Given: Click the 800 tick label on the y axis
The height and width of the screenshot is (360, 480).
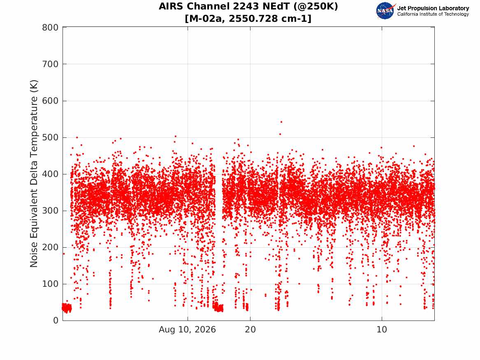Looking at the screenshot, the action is (x=50, y=28).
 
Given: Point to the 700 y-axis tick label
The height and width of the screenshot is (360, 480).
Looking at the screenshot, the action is (x=50, y=64).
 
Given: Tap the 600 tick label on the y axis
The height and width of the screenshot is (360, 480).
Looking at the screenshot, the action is (x=50, y=101).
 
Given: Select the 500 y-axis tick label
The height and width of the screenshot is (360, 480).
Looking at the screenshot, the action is (x=50, y=137).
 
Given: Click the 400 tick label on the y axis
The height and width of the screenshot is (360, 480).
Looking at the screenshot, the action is (x=50, y=174).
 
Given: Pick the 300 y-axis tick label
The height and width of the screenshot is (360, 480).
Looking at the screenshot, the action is (x=50, y=211).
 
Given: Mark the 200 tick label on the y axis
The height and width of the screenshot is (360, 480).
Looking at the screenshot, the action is (x=50, y=247).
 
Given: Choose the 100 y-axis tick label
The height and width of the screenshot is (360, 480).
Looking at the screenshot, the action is (x=50, y=284).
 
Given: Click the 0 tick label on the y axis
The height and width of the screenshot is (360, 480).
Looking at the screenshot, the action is (x=56, y=321).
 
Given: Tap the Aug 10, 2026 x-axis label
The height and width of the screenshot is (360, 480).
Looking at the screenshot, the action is (x=187, y=330).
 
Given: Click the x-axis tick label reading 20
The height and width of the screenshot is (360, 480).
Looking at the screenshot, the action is (x=250, y=330).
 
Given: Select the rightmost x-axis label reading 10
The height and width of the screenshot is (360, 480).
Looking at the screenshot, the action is (x=382, y=330).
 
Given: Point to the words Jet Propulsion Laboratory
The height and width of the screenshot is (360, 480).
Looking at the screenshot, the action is (x=433, y=8).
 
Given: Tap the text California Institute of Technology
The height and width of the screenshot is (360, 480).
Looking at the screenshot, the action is (x=433, y=14).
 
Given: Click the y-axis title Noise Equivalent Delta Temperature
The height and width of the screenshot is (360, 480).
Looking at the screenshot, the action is (x=34, y=174).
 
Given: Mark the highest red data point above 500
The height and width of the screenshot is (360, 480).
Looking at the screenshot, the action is (x=281, y=122).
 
